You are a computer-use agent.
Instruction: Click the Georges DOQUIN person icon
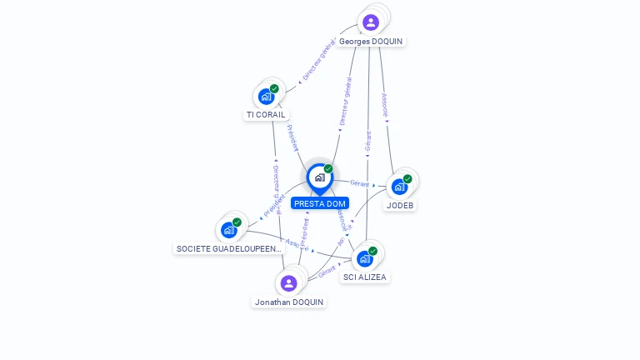371,22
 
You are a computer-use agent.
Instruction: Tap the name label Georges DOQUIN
372,41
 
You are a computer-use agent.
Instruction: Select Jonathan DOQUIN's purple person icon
288,283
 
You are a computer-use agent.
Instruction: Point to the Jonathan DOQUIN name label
289,302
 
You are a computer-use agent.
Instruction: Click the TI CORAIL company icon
266,97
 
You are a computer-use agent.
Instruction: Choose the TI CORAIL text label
266,115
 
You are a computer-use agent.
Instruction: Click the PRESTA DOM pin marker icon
319,177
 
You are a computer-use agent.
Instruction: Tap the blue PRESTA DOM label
319,203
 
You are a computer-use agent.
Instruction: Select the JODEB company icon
400,187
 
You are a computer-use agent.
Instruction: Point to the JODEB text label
400,205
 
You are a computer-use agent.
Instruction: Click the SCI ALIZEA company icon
365,258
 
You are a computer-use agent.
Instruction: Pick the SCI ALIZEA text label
365,277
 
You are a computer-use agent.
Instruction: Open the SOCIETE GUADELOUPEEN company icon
229,230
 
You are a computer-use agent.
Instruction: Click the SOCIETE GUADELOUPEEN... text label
230,248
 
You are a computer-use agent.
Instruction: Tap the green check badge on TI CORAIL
274,88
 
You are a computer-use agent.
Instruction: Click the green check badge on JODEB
407,178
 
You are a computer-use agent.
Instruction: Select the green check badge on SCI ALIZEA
372,251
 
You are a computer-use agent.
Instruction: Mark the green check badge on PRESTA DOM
328,169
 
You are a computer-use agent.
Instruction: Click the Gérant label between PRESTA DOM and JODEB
359,182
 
